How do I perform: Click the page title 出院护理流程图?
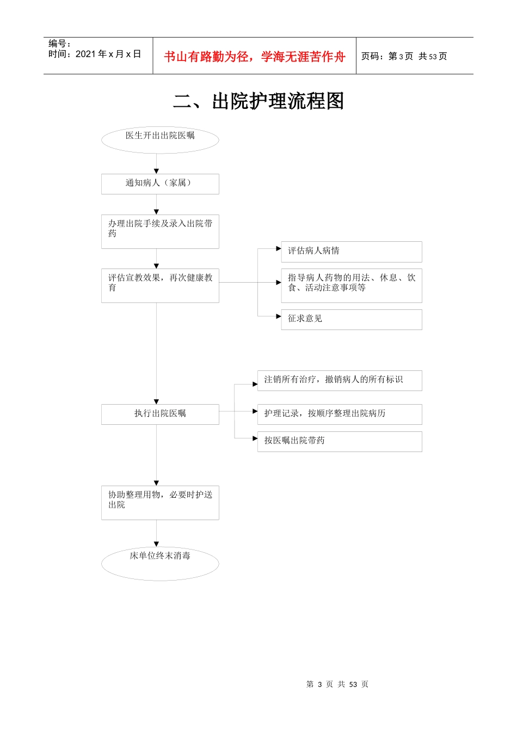[x=258, y=101]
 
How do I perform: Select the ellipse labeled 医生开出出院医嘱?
[x=160, y=139]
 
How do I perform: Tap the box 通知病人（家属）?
[x=160, y=184]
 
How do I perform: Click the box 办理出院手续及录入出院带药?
[x=160, y=231]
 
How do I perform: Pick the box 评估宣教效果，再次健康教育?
[x=160, y=285]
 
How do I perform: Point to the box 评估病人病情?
[x=351, y=252]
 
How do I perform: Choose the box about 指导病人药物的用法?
[x=351, y=285]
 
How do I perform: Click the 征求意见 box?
[x=351, y=319]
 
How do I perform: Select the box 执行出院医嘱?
[x=160, y=414]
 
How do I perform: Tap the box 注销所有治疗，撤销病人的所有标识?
[x=339, y=380]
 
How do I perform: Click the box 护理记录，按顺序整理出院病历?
[x=339, y=414]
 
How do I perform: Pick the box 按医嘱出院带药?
[x=339, y=441]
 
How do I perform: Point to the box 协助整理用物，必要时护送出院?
[x=160, y=503]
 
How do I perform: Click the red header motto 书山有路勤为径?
[x=255, y=57]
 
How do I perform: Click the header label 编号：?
[x=59, y=44]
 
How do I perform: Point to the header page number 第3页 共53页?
[x=404, y=57]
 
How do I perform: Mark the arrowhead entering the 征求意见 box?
[x=279, y=316]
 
